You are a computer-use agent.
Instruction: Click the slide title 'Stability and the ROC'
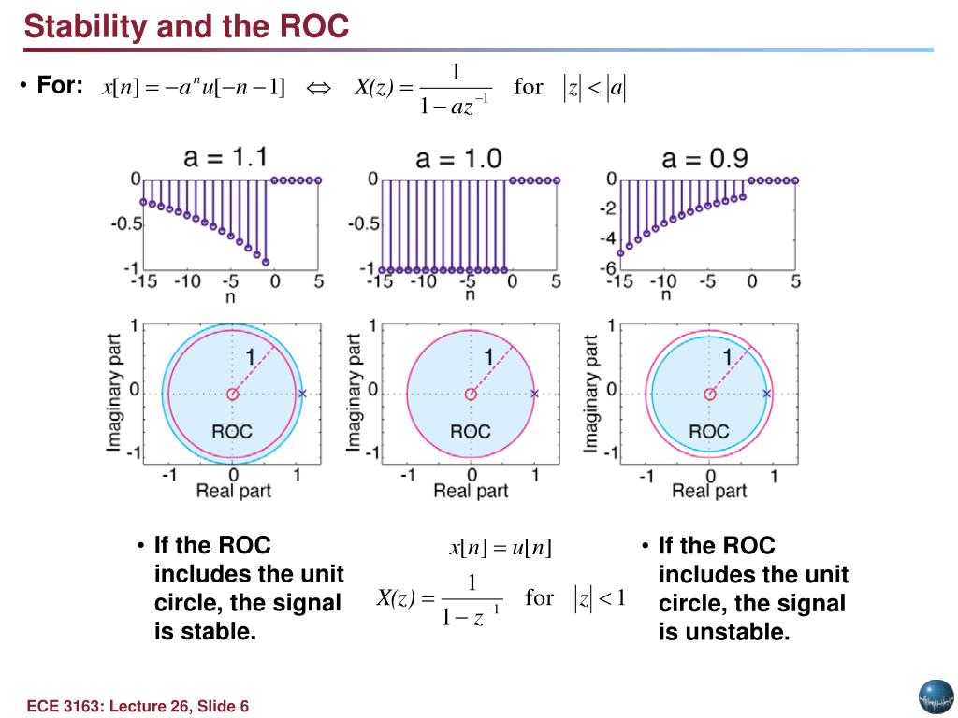coord(186,26)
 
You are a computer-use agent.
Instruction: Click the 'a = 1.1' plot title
coord(226,157)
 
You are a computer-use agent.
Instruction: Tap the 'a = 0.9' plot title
coord(704,157)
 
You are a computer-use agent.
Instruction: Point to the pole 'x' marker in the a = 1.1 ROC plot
coord(302,395)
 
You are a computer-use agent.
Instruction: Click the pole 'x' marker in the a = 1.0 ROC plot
coord(534,395)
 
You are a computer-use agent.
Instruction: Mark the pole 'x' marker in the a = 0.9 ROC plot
coord(766,395)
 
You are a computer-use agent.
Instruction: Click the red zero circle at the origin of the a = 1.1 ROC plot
coord(232,395)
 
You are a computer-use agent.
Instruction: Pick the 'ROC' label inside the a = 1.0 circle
coord(470,432)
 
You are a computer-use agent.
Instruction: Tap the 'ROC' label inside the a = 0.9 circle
coord(708,432)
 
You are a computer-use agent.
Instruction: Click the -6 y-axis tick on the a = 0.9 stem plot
coord(608,268)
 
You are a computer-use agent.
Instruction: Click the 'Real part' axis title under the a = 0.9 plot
coord(709,491)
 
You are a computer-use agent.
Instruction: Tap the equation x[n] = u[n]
coord(501,549)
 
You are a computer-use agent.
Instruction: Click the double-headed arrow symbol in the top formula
coord(319,88)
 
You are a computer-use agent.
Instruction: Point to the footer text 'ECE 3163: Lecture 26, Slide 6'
coord(138,706)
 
